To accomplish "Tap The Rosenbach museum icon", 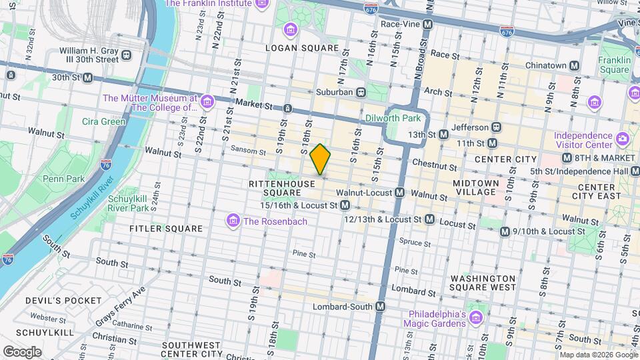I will [x=233, y=221].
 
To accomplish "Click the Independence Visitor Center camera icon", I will [x=622, y=139].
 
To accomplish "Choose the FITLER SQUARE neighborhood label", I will [x=166, y=229].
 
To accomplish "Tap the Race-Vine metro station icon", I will [x=428, y=24].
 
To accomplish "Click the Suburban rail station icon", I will [x=361, y=92].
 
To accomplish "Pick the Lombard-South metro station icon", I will [x=380, y=307].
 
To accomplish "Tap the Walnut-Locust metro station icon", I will [x=399, y=193].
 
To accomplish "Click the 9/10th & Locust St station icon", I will [x=505, y=231].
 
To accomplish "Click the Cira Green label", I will [x=103, y=122].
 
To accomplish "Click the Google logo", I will [x=22, y=351].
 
